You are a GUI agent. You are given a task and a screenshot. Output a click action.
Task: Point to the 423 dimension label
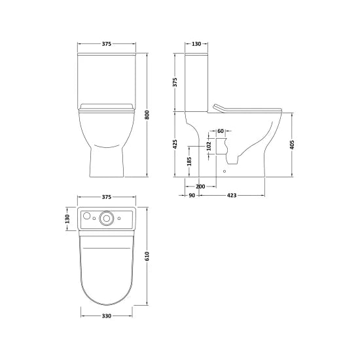(x=232, y=194)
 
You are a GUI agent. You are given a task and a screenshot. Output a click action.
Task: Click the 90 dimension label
(x=192, y=194)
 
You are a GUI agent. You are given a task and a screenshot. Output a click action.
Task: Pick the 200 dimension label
(x=200, y=187)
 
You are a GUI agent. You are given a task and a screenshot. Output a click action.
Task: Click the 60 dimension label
(x=221, y=132)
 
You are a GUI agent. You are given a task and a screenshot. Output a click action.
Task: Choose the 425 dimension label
(x=175, y=144)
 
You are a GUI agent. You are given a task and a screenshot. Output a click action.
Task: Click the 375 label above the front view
(x=107, y=45)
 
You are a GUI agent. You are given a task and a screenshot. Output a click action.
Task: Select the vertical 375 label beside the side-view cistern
(x=175, y=82)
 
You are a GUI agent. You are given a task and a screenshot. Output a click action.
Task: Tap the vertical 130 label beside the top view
(x=67, y=219)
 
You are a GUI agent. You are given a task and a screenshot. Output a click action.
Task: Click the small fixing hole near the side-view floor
(x=225, y=171)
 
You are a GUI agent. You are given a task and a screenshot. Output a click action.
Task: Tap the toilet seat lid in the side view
(x=249, y=107)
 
